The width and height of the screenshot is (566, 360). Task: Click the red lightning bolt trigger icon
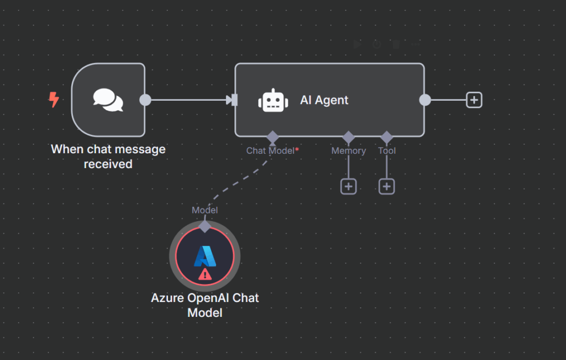pos(54,100)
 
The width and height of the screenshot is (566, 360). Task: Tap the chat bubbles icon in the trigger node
pos(108,100)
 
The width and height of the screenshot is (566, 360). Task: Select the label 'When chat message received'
pos(108,156)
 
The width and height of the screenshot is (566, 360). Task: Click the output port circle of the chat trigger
pos(145,100)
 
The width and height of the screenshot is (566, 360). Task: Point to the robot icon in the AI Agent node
pos(273,100)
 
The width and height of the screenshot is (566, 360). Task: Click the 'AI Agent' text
pos(324,100)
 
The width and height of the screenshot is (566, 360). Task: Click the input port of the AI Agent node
pos(234,100)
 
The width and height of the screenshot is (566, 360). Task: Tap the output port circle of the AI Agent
pos(425,100)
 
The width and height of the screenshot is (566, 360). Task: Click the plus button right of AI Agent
pos(474,100)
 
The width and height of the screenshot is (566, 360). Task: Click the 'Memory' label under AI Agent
pos(348,150)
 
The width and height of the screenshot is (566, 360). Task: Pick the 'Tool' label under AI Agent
pos(387,150)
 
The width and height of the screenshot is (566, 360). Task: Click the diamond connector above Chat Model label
pos(272,137)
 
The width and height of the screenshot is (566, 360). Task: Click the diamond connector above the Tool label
pos(386,137)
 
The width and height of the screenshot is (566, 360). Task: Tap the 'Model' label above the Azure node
pos(205,210)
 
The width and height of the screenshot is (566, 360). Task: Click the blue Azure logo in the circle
pos(205,255)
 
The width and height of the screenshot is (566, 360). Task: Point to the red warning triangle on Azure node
pos(205,273)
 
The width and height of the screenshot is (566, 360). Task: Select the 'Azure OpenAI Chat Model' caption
pos(205,305)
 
